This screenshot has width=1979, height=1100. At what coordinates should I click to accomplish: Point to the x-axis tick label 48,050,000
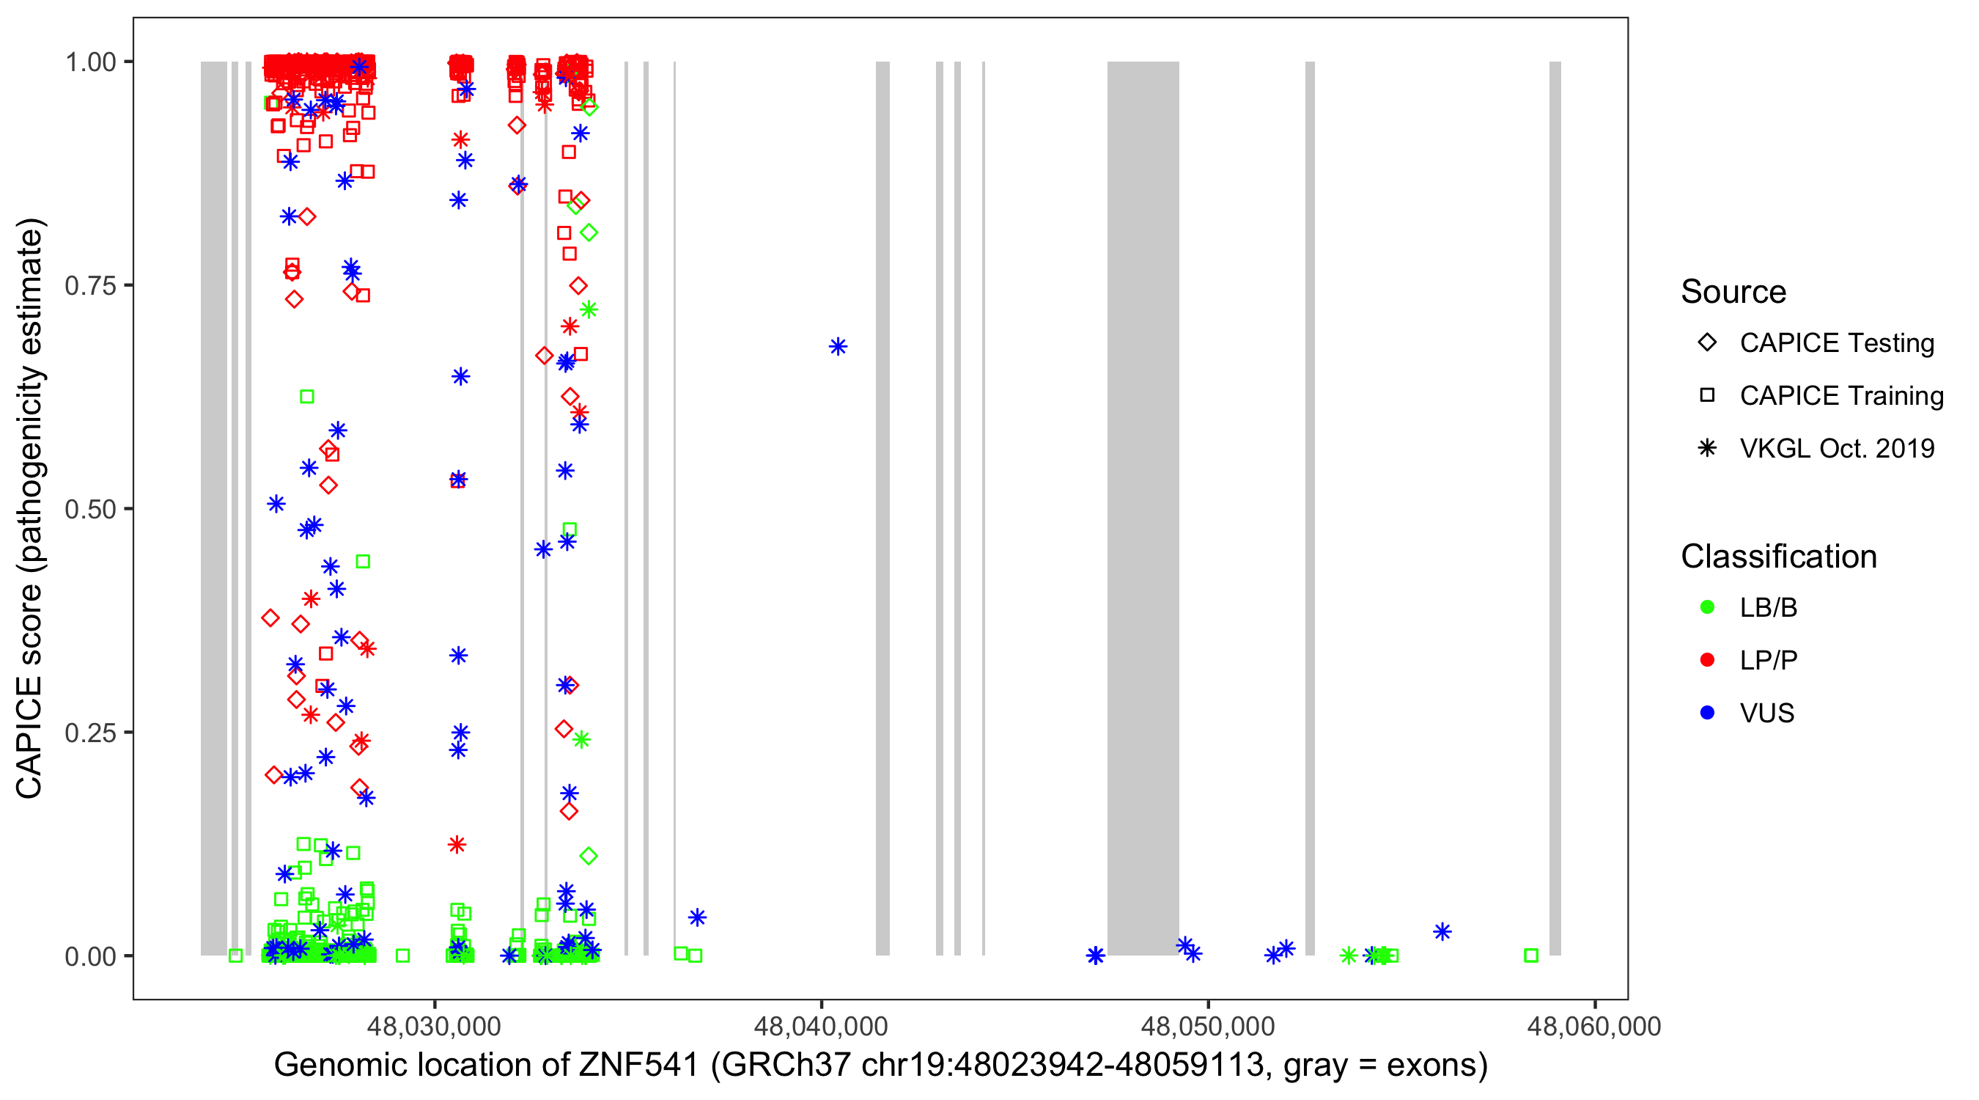[1208, 1026]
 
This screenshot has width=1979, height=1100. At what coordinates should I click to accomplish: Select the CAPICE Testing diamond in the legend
[1707, 343]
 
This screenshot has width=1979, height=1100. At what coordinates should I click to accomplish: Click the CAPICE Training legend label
[1841, 396]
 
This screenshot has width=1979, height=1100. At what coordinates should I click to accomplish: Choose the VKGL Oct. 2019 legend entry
[1836, 449]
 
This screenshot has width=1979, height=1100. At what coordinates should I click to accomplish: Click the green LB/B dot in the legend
[1707, 608]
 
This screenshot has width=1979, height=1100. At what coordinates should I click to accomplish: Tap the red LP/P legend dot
[1707, 660]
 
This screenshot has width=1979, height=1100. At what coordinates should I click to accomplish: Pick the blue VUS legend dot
[1707, 714]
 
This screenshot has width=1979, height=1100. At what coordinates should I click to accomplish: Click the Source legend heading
[1733, 292]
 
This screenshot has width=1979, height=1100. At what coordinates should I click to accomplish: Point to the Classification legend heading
[1778, 557]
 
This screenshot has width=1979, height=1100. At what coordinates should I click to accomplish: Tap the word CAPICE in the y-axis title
[29, 737]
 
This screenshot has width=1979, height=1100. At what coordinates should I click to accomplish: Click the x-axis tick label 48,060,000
[1594, 1026]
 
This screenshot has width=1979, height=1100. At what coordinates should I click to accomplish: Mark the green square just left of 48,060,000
[1531, 956]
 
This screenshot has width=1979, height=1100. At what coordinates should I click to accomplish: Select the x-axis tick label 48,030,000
[434, 1026]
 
